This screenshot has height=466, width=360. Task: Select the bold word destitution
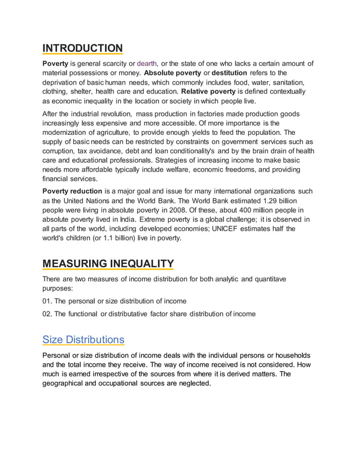pos(229,73)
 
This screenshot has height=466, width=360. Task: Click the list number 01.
pos(49,301)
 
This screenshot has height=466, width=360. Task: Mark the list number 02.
pos(49,314)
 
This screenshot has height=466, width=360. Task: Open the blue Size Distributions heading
pos(84,340)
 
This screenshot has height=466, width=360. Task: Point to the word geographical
pos(68,383)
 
